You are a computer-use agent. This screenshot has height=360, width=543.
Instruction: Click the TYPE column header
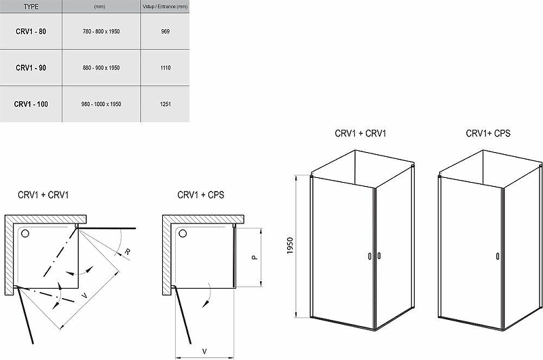31,7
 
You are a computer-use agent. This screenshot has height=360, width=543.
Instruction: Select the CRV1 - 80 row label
31,31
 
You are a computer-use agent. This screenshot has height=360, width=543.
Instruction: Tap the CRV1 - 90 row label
31,67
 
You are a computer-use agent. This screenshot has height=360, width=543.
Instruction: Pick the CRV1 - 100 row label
31,104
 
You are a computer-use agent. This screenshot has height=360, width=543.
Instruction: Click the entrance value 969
165,31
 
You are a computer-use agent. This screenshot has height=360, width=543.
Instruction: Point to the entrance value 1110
165,67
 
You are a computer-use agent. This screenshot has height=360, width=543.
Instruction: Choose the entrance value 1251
165,104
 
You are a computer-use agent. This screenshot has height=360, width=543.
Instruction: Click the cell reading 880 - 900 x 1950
101,67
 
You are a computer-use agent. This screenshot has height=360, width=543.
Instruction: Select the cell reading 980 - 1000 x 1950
101,104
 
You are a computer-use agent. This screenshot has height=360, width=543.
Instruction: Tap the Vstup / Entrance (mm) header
165,7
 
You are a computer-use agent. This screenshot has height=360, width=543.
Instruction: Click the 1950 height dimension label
291,245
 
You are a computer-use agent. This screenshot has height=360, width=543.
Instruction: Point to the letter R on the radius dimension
128,251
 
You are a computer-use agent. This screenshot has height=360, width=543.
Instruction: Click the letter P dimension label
255,257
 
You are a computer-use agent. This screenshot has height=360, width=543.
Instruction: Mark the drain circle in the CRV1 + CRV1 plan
25,234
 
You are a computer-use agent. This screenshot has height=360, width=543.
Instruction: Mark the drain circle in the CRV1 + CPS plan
183,234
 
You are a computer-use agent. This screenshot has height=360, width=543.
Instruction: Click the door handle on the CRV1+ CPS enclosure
498,256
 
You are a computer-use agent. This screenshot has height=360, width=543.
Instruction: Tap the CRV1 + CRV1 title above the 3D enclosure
360,133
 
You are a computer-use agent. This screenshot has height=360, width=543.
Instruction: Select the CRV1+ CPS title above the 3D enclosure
488,133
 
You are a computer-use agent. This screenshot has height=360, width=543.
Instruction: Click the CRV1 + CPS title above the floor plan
201,195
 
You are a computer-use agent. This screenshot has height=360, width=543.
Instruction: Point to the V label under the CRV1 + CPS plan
204,351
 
